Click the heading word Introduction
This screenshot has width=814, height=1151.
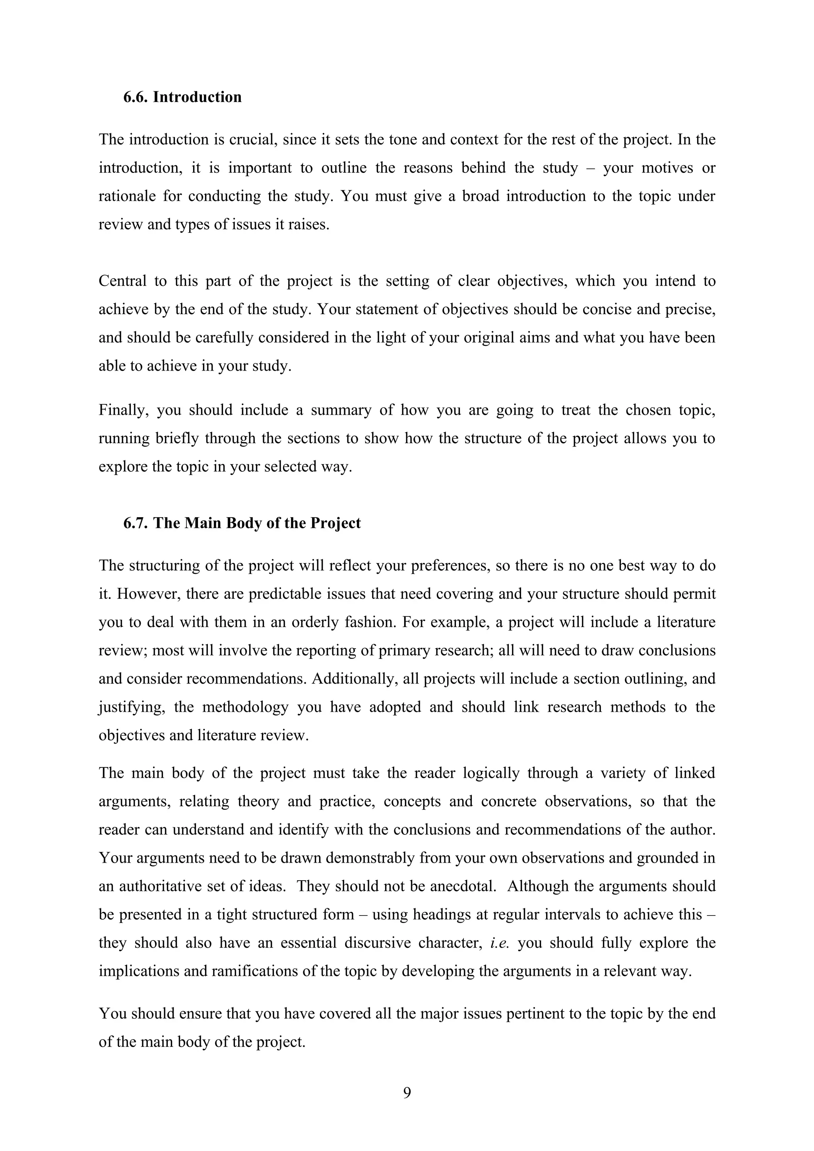(x=197, y=97)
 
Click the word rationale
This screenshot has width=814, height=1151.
(x=127, y=196)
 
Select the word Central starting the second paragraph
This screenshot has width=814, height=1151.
(x=122, y=281)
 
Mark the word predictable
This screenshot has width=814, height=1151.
(x=285, y=594)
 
